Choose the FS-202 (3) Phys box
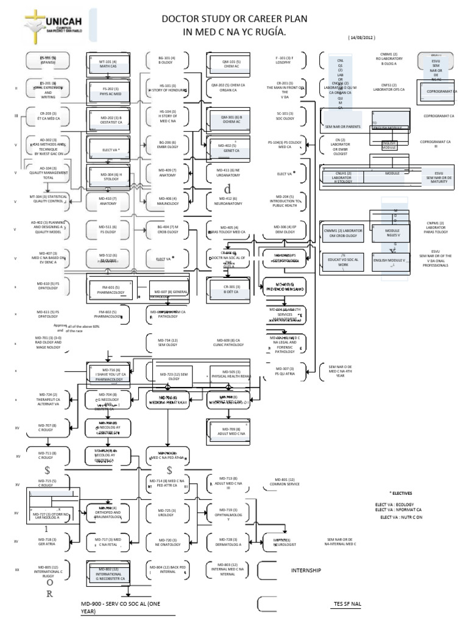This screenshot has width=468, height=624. pos(108,88)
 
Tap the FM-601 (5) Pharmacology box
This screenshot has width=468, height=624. pos(111,289)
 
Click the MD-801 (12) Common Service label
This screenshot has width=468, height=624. pos(285,483)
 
